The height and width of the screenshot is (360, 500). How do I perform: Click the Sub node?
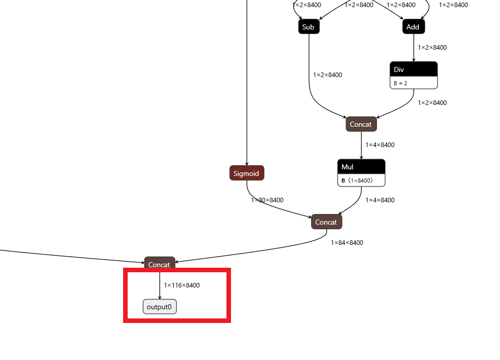coord(309,27)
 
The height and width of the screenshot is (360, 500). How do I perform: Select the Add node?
coord(413,27)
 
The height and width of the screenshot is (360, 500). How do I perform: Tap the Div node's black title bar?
coord(413,69)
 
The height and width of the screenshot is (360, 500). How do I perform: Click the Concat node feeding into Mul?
coord(361,124)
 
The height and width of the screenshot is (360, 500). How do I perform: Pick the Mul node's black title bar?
coord(361,167)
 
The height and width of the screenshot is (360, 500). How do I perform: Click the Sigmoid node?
coord(246,173)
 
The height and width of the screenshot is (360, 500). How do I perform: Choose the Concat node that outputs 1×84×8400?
coord(326,222)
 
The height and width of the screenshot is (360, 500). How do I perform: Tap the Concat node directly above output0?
coord(160,264)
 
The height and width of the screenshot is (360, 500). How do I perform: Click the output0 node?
coord(160,307)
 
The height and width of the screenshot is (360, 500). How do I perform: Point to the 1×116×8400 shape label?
coord(182,285)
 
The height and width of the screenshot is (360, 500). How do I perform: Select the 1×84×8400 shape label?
coord(347,243)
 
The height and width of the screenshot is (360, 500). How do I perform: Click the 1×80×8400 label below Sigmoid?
coord(267,200)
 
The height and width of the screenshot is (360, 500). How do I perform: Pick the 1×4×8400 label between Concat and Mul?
coord(380,145)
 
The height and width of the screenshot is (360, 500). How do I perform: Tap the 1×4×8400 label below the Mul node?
coord(380,200)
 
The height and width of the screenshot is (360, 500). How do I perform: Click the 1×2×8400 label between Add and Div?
coord(432,48)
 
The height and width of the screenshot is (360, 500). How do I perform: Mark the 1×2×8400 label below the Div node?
coord(432,103)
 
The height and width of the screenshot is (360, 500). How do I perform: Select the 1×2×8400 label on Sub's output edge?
coord(327,75)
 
